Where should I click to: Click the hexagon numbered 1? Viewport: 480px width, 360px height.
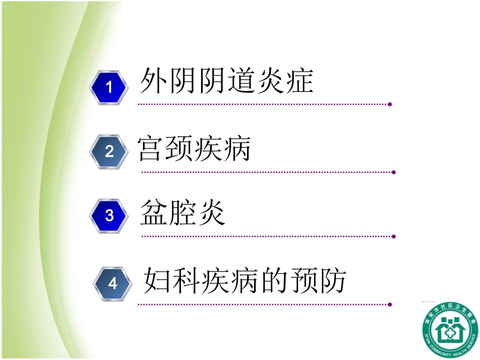pos(109,88)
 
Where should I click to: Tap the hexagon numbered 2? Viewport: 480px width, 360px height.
pos(110,152)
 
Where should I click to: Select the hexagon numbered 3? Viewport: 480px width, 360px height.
pos(110,216)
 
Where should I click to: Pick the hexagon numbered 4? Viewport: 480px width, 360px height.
pos(113,283)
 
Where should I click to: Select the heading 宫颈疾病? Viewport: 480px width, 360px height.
pos(194,148)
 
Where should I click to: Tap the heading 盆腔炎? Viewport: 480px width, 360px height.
pos(183,213)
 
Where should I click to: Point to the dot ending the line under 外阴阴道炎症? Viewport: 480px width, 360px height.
pos(390,105)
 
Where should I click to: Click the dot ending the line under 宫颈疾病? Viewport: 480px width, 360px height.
pos(394,172)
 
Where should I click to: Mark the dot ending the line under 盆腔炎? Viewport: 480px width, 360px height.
pos(394,236)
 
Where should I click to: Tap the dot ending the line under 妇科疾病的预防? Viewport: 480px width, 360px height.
pos(390,304)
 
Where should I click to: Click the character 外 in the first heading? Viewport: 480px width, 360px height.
pos(154,81)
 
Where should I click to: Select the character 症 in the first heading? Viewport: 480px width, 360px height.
pos(299,81)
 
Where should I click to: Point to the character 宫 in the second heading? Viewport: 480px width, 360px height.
pos(151,148)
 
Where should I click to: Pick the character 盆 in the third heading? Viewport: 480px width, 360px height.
pos(154,213)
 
